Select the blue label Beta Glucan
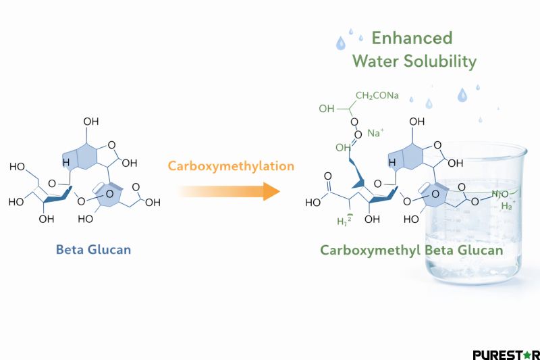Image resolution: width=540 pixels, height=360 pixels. point(93,250)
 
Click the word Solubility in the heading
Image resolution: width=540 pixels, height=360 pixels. point(439,61)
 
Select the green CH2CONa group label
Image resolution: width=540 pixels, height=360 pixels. point(377,96)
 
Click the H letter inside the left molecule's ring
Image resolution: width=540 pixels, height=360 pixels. point(66,163)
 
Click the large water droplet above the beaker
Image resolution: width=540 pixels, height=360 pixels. point(462,95)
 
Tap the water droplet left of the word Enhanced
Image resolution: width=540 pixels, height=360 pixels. point(341,44)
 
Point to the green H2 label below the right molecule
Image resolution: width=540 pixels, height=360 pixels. point(346,221)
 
